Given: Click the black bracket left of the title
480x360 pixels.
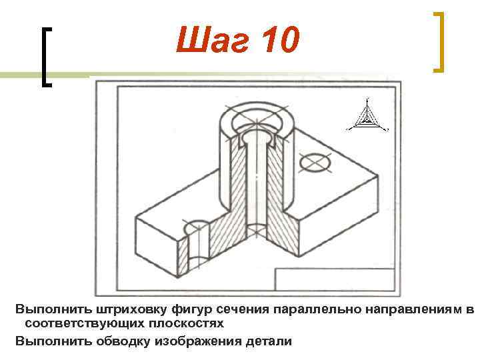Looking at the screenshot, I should coord(47,57).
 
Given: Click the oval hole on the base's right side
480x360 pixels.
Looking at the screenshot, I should coord(316,161).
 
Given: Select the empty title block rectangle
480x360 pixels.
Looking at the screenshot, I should coord(337,280).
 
